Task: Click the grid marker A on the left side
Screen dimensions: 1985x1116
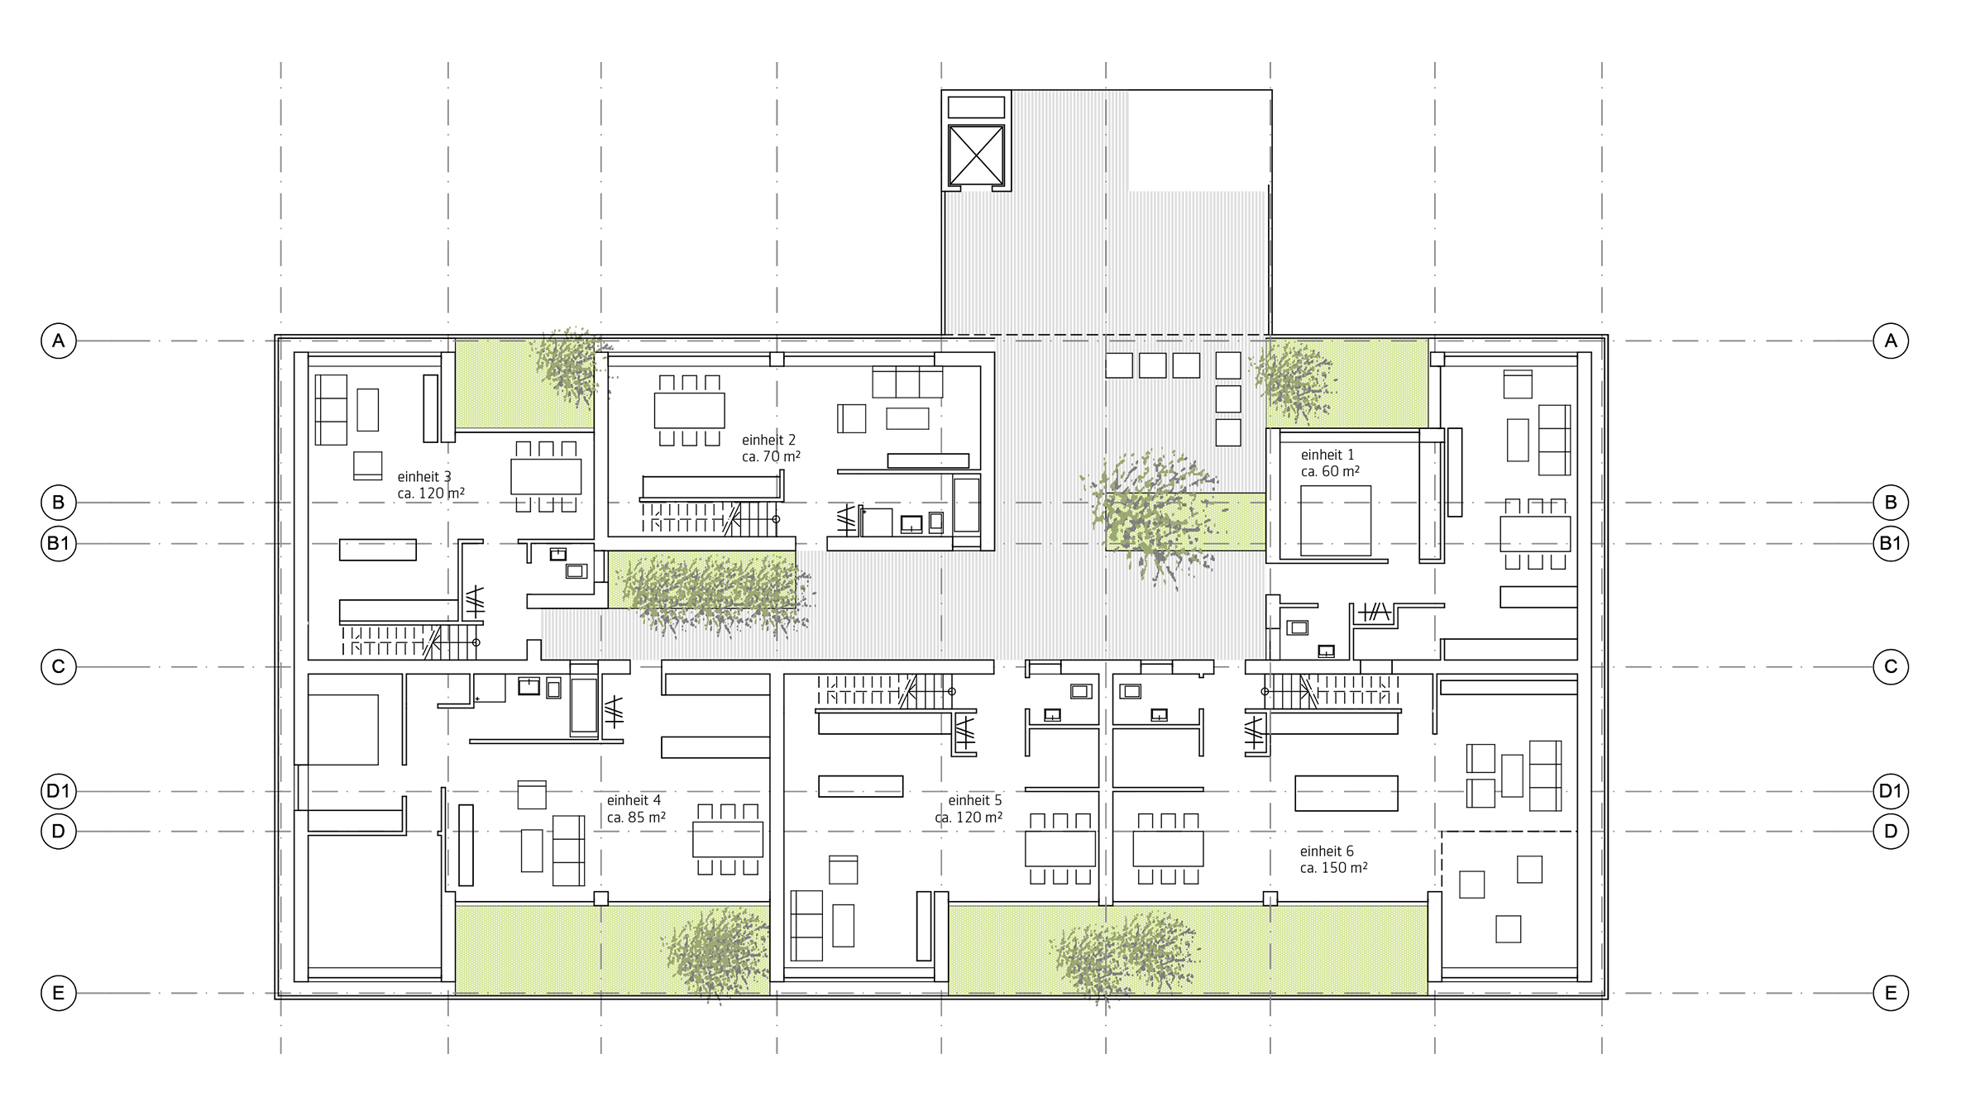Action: [x=59, y=341]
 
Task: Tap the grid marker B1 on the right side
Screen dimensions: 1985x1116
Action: [x=1891, y=543]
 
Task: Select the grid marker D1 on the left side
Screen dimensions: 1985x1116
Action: [x=59, y=791]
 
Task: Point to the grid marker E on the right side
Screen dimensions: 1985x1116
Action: [x=1891, y=993]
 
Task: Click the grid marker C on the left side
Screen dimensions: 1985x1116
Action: [x=59, y=667]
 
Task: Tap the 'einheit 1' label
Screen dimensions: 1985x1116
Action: [x=1327, y=455]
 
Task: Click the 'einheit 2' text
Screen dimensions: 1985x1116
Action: [x=768, y=440]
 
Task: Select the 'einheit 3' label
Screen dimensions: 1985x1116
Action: [x=424, y=477]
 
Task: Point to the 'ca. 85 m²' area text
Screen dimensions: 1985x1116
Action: [x=636, y=818]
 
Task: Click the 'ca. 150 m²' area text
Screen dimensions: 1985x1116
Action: [x=1333, y=868]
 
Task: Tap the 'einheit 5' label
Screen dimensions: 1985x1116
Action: [x=975, y=800]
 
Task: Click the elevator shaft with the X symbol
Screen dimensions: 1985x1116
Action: [x=976, y=155]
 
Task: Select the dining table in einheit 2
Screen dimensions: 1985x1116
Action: [x=689, y=410]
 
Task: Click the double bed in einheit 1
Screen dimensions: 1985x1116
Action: [x=1335, y=520]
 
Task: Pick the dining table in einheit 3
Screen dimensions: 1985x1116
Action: [x=546, y=476]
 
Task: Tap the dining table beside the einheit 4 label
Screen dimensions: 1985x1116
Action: [x=728, y=839]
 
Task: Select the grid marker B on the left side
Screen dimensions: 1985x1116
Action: [x=59, y=502]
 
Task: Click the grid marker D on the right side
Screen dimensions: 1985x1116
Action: [x=1891, y=831]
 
